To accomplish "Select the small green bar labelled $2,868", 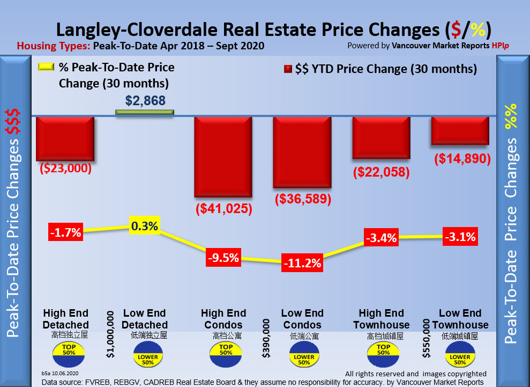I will click(x=145, y=112).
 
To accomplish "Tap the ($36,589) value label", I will click(x=303, y=199).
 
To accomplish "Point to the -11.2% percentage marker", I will click(x=303, y=263).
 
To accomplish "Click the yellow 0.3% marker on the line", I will click(x=145, y=226).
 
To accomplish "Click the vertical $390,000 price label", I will click(x=265, y=339).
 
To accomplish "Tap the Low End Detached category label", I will click(x=145, y=319).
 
